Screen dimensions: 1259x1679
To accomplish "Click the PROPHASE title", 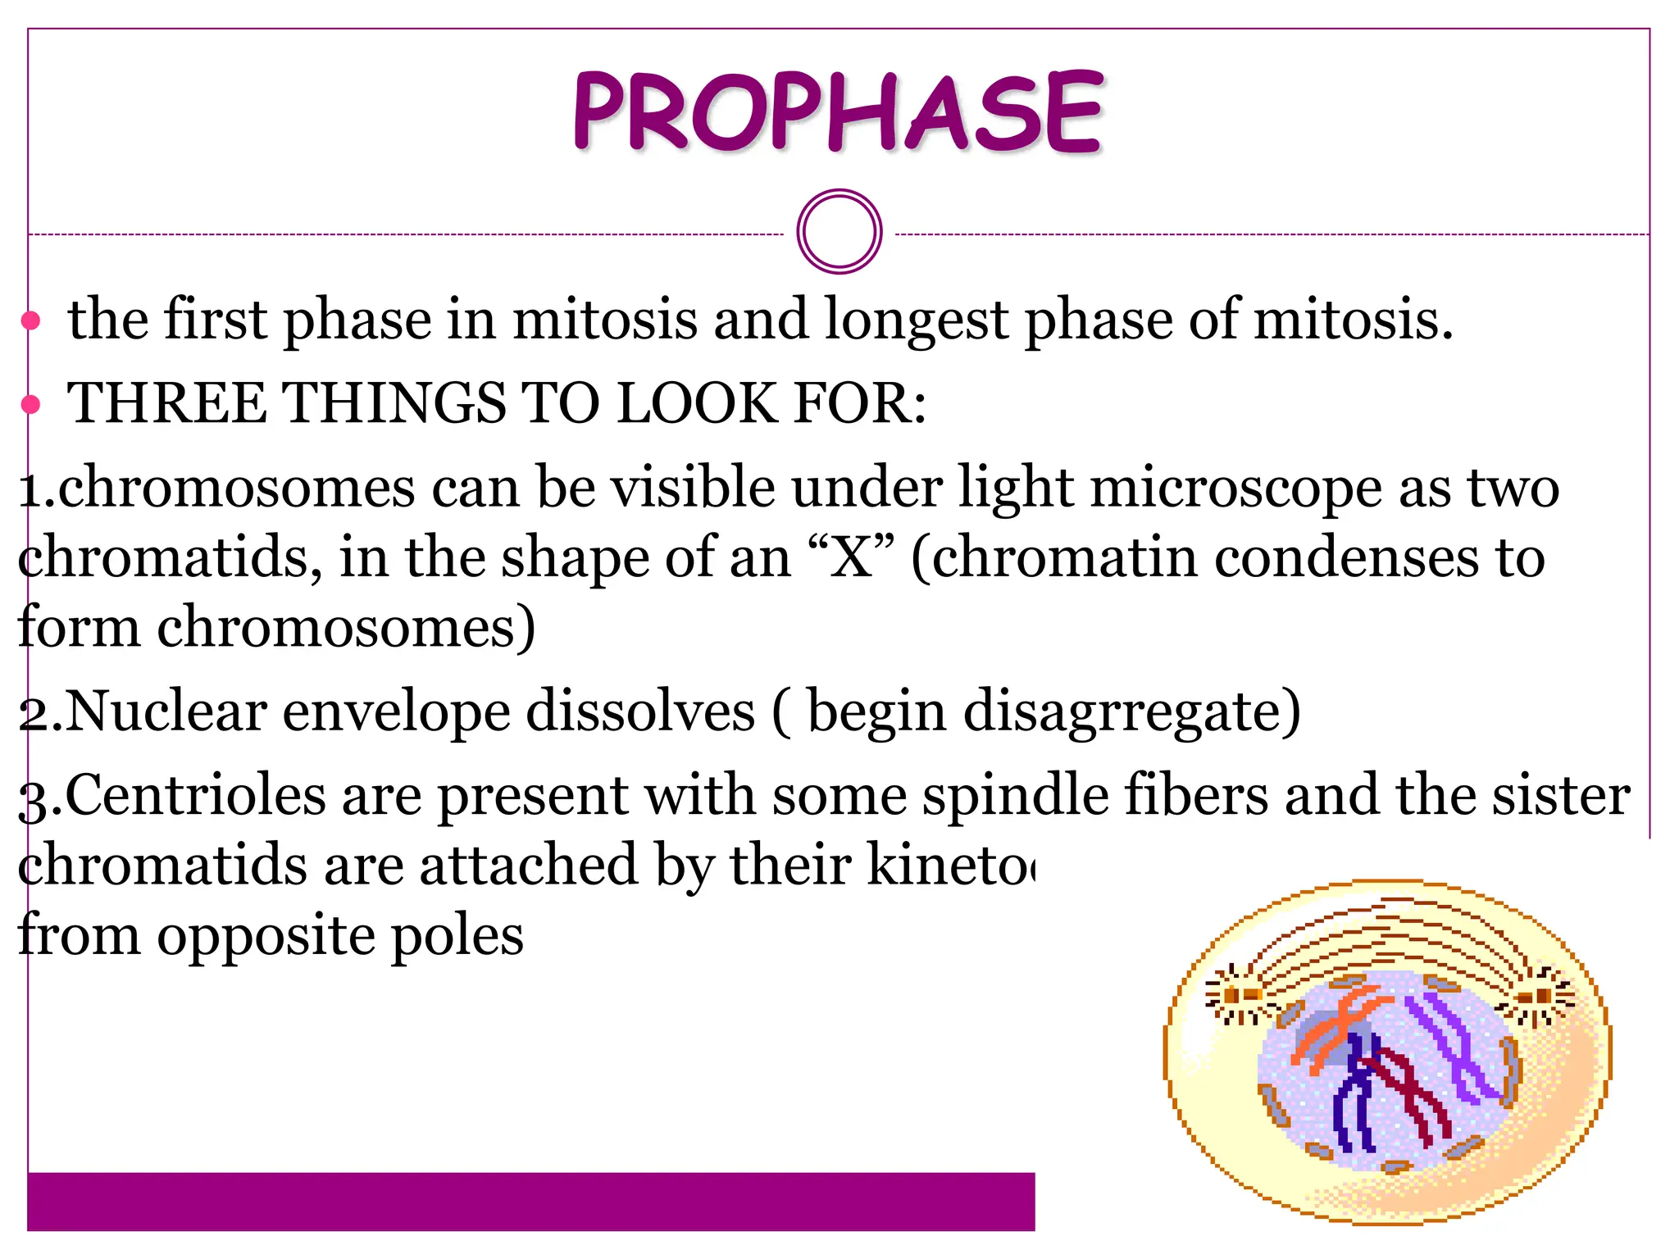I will coord(839,112).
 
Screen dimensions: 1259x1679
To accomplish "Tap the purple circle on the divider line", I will coord(839,232).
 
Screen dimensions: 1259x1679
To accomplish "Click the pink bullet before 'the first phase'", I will coord(31,320).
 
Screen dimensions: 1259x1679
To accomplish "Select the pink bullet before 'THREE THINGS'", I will coord(31,404).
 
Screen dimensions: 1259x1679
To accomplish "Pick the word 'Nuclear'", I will coord(165,711).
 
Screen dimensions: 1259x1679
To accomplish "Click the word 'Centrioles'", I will coord(195,795).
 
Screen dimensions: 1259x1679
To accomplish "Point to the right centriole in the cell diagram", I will coord(1541,997).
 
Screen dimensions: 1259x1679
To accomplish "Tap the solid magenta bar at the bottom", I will coord(530,1202).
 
